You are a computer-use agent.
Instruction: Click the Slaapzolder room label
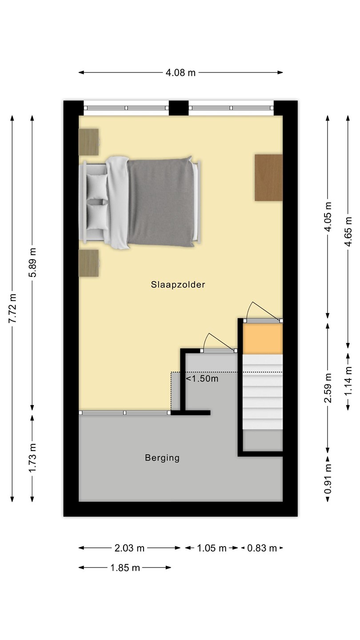[x=178, y=284]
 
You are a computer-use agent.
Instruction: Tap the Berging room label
[x=162, y=458]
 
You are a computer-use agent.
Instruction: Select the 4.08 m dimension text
[x=180, y=72]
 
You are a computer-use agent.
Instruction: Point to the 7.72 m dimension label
[x=12, y=308]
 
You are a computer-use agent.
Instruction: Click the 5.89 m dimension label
[x=32, y=262]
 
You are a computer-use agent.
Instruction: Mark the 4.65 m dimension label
[x=348, y=232]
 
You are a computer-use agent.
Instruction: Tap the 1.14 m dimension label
[x=348, y=381]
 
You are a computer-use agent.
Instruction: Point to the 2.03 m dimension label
[x=129, y=548]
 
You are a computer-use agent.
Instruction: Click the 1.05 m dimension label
[x=212, y=548]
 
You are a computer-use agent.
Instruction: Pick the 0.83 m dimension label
[x=262, y=548]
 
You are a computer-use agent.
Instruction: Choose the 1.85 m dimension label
[x=125, y=568]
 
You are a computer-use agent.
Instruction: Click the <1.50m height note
[x=202, y=379]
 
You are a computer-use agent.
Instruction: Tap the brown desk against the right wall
[x=268, y=177]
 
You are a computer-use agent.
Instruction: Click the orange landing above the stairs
[x=263, y=339]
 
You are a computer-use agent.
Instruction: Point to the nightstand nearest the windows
[x=88, y=142]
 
